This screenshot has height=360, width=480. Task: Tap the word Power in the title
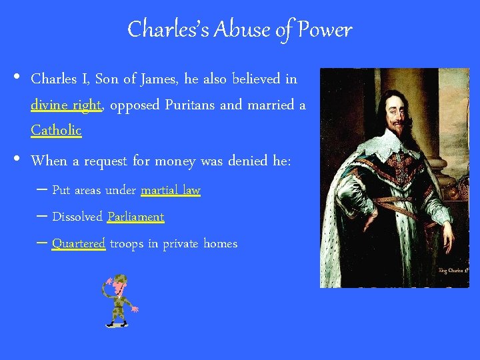pos(325,29)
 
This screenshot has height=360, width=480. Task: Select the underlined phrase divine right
pos(66,105)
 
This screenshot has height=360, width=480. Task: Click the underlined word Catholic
pos(56,130)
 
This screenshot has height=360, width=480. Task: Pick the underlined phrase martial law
pos(170,191)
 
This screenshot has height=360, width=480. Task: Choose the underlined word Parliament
pos(135,217)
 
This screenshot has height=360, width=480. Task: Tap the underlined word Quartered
pos(79,244)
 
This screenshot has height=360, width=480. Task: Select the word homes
pos(220,244)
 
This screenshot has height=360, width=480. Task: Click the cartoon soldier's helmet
pos(119,279)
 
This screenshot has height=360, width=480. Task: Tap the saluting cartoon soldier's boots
pos(117,324)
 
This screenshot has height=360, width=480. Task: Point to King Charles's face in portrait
pos(399,113)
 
